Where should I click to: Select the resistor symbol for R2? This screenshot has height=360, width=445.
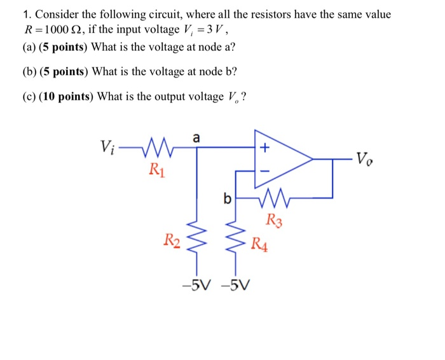196,239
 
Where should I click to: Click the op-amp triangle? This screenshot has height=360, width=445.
280,159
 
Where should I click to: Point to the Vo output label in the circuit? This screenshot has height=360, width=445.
366,158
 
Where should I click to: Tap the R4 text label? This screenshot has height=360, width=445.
259,243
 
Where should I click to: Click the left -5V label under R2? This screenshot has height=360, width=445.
195,284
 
